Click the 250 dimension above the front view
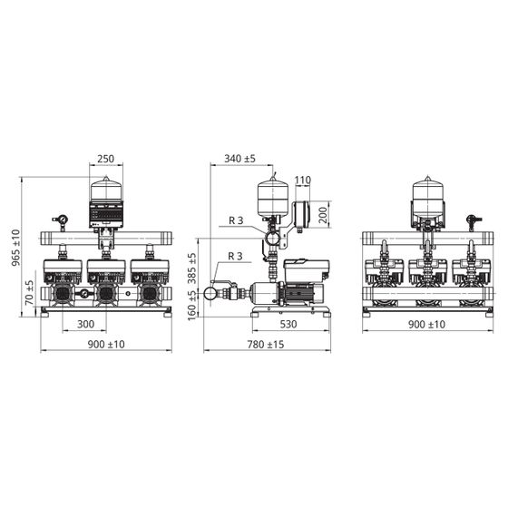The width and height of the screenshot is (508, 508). click(106, 159)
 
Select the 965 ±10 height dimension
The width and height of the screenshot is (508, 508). click(16, 248)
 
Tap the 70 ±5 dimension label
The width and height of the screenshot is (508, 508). click(29, 292)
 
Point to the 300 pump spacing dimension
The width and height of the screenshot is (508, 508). click(86, 324)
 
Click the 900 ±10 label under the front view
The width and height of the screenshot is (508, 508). click(106, 345)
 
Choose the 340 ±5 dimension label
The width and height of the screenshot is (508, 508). click(240, 159)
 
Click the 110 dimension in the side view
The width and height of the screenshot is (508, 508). click(303, 180)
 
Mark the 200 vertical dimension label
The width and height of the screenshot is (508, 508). click(323, 215)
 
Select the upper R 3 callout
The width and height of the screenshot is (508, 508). click(236, 220)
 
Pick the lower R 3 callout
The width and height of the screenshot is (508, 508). click(235, 256)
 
